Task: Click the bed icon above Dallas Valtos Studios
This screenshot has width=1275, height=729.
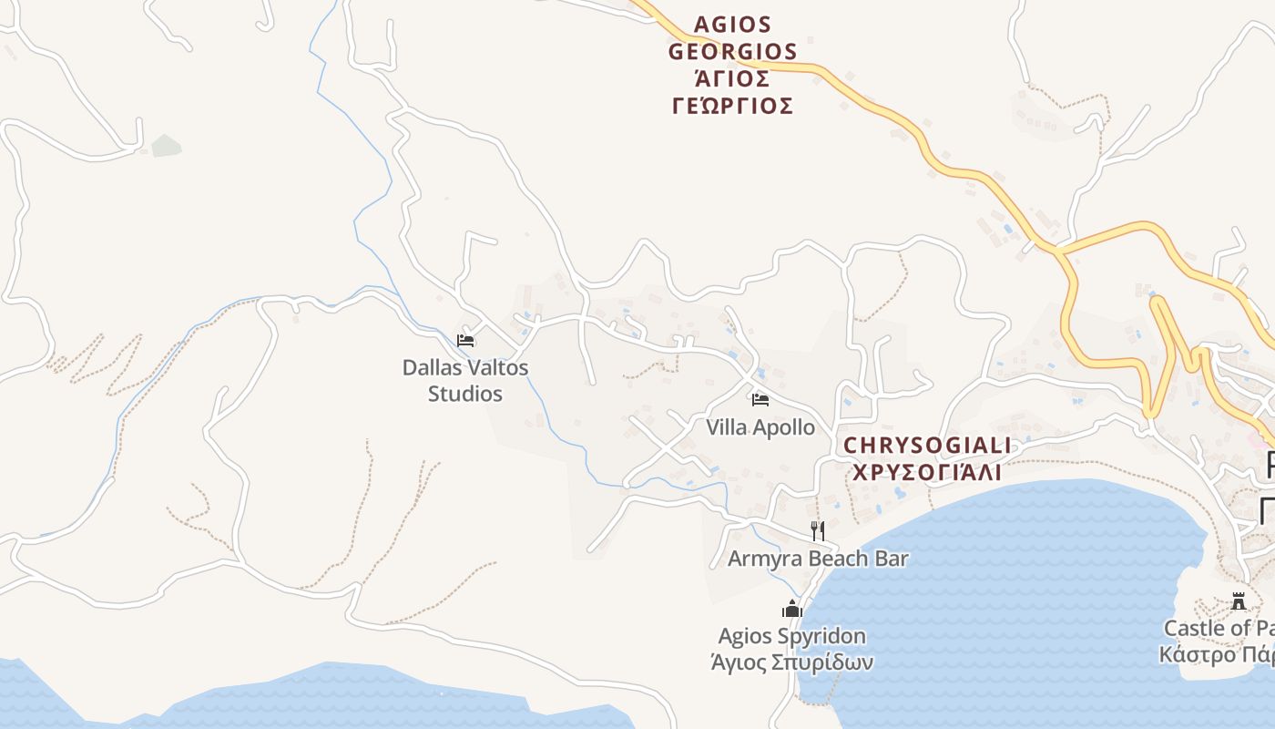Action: coord(465,341)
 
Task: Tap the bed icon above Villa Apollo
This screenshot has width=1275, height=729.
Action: coord(760,399)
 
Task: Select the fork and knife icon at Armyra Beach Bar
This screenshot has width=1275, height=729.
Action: coord(818,530)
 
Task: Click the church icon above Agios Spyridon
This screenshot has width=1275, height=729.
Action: coord(791,608)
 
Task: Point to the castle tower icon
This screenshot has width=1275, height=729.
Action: coord(1239,601)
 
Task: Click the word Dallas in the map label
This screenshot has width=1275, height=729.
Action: coord(433,368)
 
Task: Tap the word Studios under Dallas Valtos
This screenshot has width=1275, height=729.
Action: coord(465,394)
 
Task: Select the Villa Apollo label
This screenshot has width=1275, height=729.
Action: coord(760,426)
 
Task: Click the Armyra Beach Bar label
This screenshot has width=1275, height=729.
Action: coord(818,558)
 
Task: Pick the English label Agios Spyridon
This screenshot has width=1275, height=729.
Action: coord(791,635)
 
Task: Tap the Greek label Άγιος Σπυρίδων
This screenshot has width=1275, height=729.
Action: coord(791,662)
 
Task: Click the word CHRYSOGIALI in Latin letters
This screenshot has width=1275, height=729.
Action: coord(927,446)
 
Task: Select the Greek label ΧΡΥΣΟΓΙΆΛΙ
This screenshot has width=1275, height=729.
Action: coord(927,472)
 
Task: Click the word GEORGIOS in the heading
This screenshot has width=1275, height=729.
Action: coord(733,52)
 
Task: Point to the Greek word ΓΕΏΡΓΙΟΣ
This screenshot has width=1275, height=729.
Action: coord(733,106)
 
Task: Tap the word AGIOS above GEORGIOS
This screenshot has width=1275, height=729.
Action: coord(733,25)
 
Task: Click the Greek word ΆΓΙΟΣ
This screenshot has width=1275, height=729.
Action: coord(733,78)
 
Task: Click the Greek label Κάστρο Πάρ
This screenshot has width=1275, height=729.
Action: coord(1217,654)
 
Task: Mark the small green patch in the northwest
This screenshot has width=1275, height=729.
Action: coord(167,145)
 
